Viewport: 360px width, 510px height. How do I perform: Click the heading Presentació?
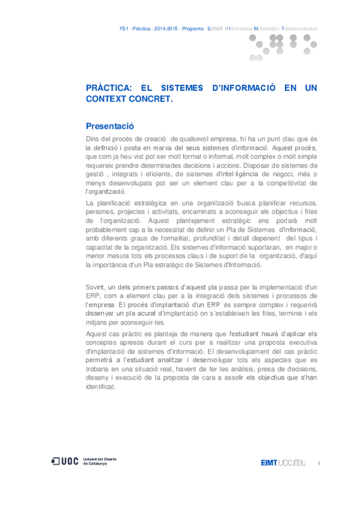(x=110, y=126)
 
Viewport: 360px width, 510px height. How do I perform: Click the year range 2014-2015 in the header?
(x=166, y=28)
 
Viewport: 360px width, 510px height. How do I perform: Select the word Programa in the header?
(x=192, y=28)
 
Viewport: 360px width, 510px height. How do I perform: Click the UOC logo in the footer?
(x=65, y=461)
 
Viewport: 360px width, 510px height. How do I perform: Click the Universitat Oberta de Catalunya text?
(x=99, y=461)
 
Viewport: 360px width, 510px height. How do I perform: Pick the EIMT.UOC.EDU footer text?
(x=283, y=462)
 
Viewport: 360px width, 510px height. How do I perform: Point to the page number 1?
(x=319, y=463)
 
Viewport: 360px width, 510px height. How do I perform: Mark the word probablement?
(x=108, y=230)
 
